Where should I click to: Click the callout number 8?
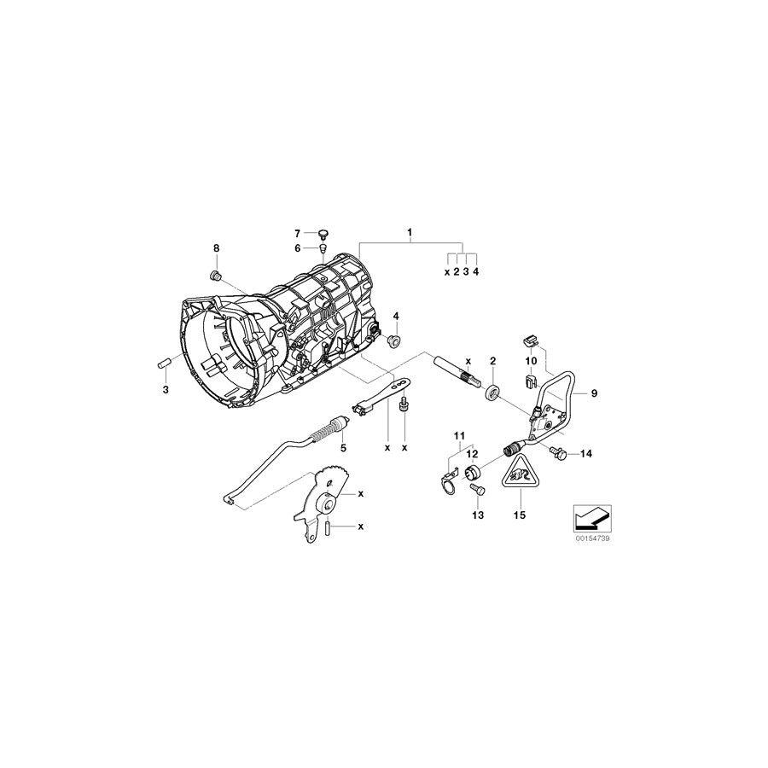[216, 247]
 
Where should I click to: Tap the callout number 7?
[298, 233]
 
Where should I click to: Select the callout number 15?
[519, 515]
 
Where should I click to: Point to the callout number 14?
[585, 455]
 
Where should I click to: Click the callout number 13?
[477, 515]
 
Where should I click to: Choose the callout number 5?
[343, 446]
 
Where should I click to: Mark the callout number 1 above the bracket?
[410, 232]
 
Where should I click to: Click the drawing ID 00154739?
[590, 540]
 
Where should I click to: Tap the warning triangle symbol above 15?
[519, 476]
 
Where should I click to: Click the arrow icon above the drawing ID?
[590, 516]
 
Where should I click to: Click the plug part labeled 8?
[215, 275]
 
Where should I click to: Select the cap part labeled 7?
[323, 232]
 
